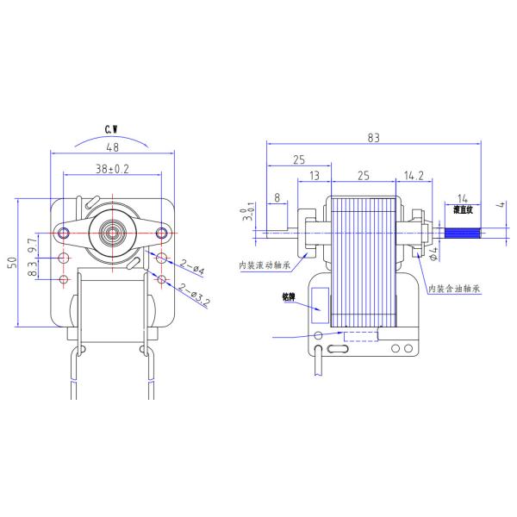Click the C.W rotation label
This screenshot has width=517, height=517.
[111, 129]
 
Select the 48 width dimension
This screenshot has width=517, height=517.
[112, 147]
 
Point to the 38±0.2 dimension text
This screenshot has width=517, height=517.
[112, 170]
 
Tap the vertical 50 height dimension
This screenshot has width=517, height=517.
[11, 263]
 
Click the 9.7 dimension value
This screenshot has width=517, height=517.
[33, 248]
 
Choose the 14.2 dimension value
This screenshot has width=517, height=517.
[413, 176]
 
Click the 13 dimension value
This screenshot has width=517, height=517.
[313, 176]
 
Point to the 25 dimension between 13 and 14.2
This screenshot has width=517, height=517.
[363, 176]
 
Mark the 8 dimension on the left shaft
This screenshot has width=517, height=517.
[276, 198]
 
